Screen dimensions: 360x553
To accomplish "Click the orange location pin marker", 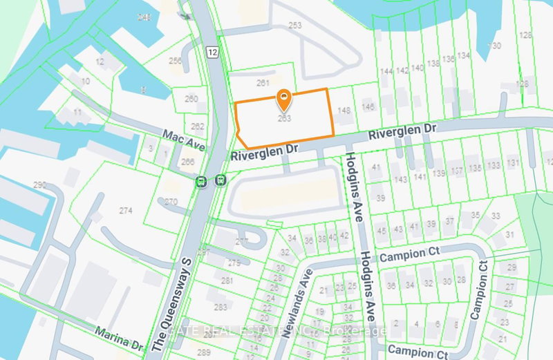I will pos(283,101).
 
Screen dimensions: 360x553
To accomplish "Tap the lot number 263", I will pos(283,118).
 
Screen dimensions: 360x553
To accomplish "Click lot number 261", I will pos(262,83).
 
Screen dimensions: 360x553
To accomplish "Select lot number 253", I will pos(296,25).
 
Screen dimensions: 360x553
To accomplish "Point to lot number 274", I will pos(125,210).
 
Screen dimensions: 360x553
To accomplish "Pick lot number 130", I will pos(494,46).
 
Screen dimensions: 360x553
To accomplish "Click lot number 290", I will pos(39,184).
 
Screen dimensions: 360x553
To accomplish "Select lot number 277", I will pos(241,241).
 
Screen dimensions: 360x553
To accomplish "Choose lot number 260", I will pos(191,98).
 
